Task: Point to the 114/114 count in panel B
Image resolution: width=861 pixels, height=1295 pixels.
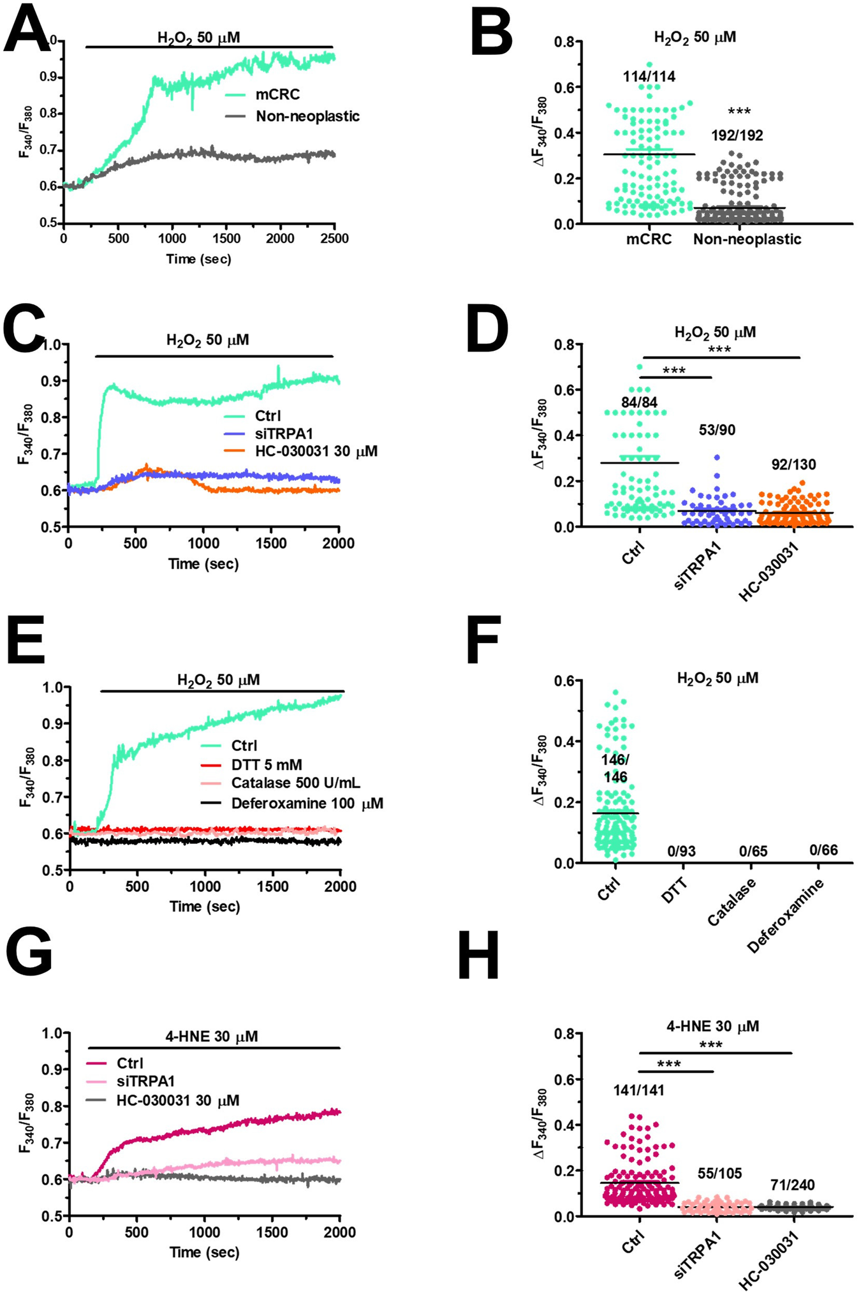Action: [x=649, y=77]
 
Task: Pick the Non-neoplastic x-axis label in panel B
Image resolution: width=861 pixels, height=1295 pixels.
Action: [x=747, y=239]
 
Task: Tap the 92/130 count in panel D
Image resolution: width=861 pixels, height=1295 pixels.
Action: [x=793, y=464]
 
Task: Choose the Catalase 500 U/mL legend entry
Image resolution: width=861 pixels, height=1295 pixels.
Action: [x=296, y=783]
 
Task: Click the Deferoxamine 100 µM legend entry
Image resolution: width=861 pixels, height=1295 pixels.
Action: [x=307, y=803]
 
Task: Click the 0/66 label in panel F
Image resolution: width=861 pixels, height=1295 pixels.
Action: [x=823, y=850]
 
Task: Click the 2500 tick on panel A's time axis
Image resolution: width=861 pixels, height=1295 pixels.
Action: [x=334, y=239]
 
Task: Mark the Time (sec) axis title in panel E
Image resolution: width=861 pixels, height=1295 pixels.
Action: [x=205, y=906]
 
